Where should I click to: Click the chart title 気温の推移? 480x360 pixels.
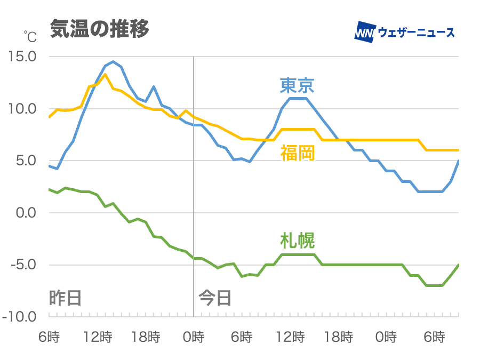coord(99,29)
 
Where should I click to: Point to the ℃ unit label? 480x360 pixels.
coord(30,37)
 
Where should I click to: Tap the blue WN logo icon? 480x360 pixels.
coord(365,31)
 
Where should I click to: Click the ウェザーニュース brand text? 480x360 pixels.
coord(417,32)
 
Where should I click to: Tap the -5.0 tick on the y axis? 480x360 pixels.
coord(22,265)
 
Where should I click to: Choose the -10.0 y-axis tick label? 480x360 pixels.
coord(20,317)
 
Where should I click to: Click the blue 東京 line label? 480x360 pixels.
coord(297,85)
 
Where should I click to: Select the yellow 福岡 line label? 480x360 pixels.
coord(297,154)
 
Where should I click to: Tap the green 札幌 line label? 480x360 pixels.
coord(297,241)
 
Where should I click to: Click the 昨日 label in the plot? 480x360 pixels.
coord(66,297)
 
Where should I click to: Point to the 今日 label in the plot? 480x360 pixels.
coord(215,297)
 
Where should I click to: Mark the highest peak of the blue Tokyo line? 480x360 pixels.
coord(113,61)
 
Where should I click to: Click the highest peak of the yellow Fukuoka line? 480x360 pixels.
coord(105,74)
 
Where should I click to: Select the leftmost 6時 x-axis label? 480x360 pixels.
coord(49,337)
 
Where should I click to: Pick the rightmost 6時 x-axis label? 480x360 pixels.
coord(434,337)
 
